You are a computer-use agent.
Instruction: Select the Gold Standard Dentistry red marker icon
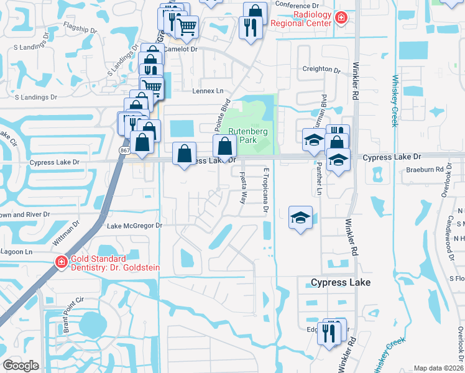tap(61, 263)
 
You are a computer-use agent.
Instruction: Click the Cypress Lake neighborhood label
tap(341, 282)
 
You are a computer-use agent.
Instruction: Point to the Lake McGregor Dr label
tap(134, 226)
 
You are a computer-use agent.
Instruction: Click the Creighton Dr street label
tap(321, 69)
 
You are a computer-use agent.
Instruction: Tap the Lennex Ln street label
tap(211, 91)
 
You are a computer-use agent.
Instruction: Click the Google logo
tap(21, 366)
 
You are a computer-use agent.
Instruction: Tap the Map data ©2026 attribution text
tap(438, 368)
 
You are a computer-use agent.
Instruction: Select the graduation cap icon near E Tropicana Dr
tap(300, 218)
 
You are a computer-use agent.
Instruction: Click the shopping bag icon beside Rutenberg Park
tap(224, 147)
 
